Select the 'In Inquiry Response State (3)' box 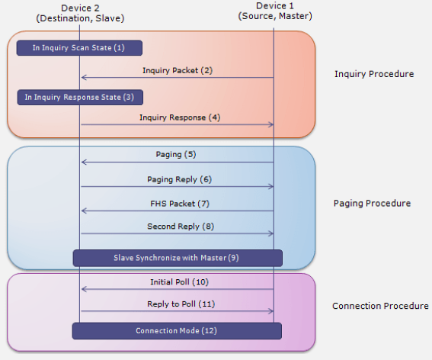tap(79, 97)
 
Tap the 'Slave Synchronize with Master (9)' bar tap(178, 258)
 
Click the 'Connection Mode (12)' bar tap(177, 331)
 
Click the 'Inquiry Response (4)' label tap(177, 117)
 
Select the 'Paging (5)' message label tap(176, 154)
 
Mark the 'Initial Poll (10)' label tap(177, 281)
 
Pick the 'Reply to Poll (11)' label tap(177, 304)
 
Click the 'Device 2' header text tap(80, 7)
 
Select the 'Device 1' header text tap(275, 5)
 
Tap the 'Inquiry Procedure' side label tap(374, 74)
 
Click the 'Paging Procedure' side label tap(372, 204)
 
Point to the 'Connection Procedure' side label tap(380, 306)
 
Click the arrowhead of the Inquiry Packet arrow tap(84, 78)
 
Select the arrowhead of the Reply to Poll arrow tap(270, 311)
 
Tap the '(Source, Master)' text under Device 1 tap(275, 17)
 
